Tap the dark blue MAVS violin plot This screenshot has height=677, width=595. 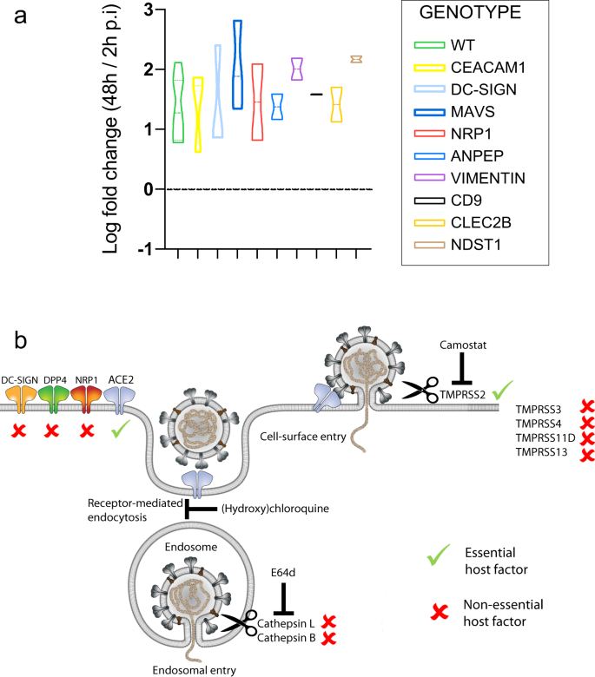pos(237,69)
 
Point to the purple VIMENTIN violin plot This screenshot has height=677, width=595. pos(296,69)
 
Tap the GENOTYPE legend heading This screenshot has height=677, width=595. pos(478,15)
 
